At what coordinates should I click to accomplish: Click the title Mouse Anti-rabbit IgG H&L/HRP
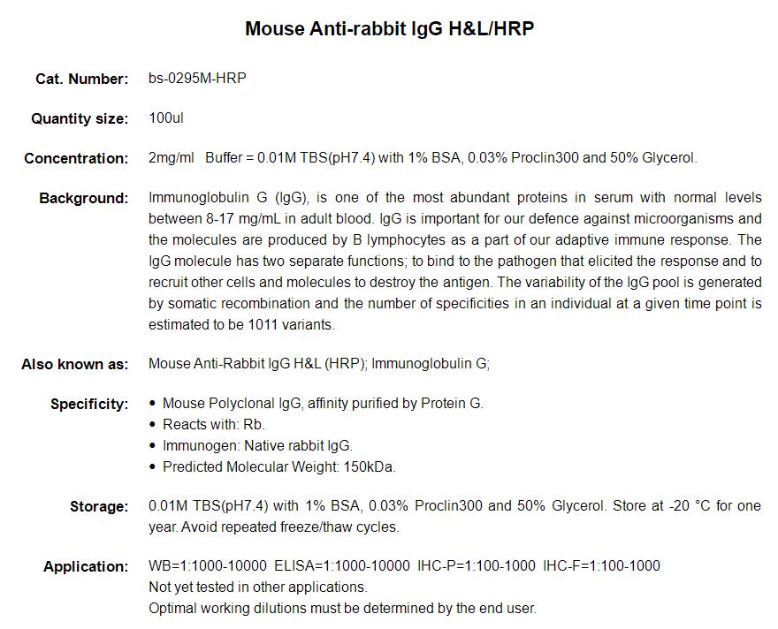point(389,29)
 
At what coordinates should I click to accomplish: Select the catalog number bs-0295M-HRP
point(197,78)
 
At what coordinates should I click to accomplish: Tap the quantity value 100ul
point(166,117)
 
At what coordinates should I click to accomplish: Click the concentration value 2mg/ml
point(172,158)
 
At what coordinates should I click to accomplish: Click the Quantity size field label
point(80,118)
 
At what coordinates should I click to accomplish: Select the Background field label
point(84,198)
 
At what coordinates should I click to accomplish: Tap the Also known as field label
point(75,364)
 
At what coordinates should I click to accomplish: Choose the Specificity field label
point(89,404)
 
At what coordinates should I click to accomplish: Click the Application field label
point(86,566)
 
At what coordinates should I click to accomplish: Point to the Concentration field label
point(76,158)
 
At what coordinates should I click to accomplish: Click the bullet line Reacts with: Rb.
point(214,424)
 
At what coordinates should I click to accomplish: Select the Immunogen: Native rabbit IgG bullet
point(257,445)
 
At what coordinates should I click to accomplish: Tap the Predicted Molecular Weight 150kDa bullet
point(279,466)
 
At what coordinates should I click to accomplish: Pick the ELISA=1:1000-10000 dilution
point(342,565)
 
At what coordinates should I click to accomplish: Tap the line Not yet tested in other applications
point(257,587)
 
